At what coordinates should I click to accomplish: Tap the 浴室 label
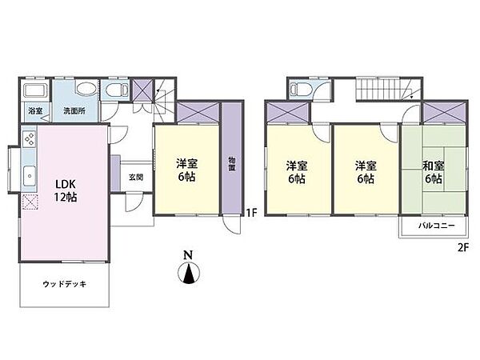point(34,110)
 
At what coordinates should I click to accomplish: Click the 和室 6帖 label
point(433,173)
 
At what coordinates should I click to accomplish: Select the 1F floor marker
point(250,213)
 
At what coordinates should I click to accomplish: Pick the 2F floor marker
point(462,247)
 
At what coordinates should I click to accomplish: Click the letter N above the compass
point(188,256)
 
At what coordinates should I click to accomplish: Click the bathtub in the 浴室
point(35,89)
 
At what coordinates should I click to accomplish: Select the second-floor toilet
point(298,89)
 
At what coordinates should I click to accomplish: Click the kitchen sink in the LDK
point(29,174)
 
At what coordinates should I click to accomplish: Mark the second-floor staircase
point(377,90)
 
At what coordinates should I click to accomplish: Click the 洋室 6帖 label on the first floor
point(187,170)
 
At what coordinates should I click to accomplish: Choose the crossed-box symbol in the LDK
point(30,202)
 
